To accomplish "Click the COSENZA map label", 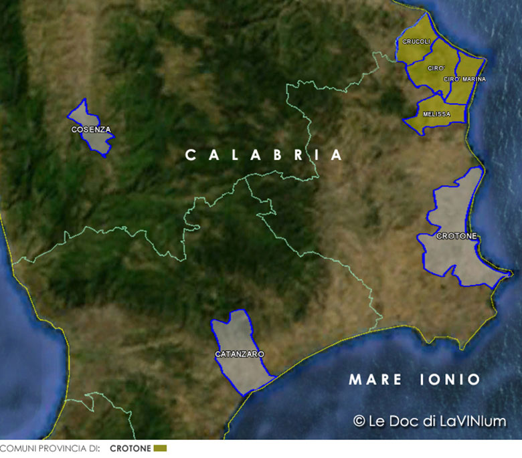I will [x=91, y=130].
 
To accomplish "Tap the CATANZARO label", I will [x=240, y=354].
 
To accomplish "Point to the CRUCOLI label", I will [x=416, y=41].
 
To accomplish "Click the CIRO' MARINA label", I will [x=464, y=79].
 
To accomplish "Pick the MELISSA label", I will [x=436, y=114].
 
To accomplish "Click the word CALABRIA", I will [x=264, y=155].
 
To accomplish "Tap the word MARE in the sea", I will [x=375, y=380].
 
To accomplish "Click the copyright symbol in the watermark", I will [x=359, y=421].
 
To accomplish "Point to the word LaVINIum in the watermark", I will [x=474, y=421].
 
